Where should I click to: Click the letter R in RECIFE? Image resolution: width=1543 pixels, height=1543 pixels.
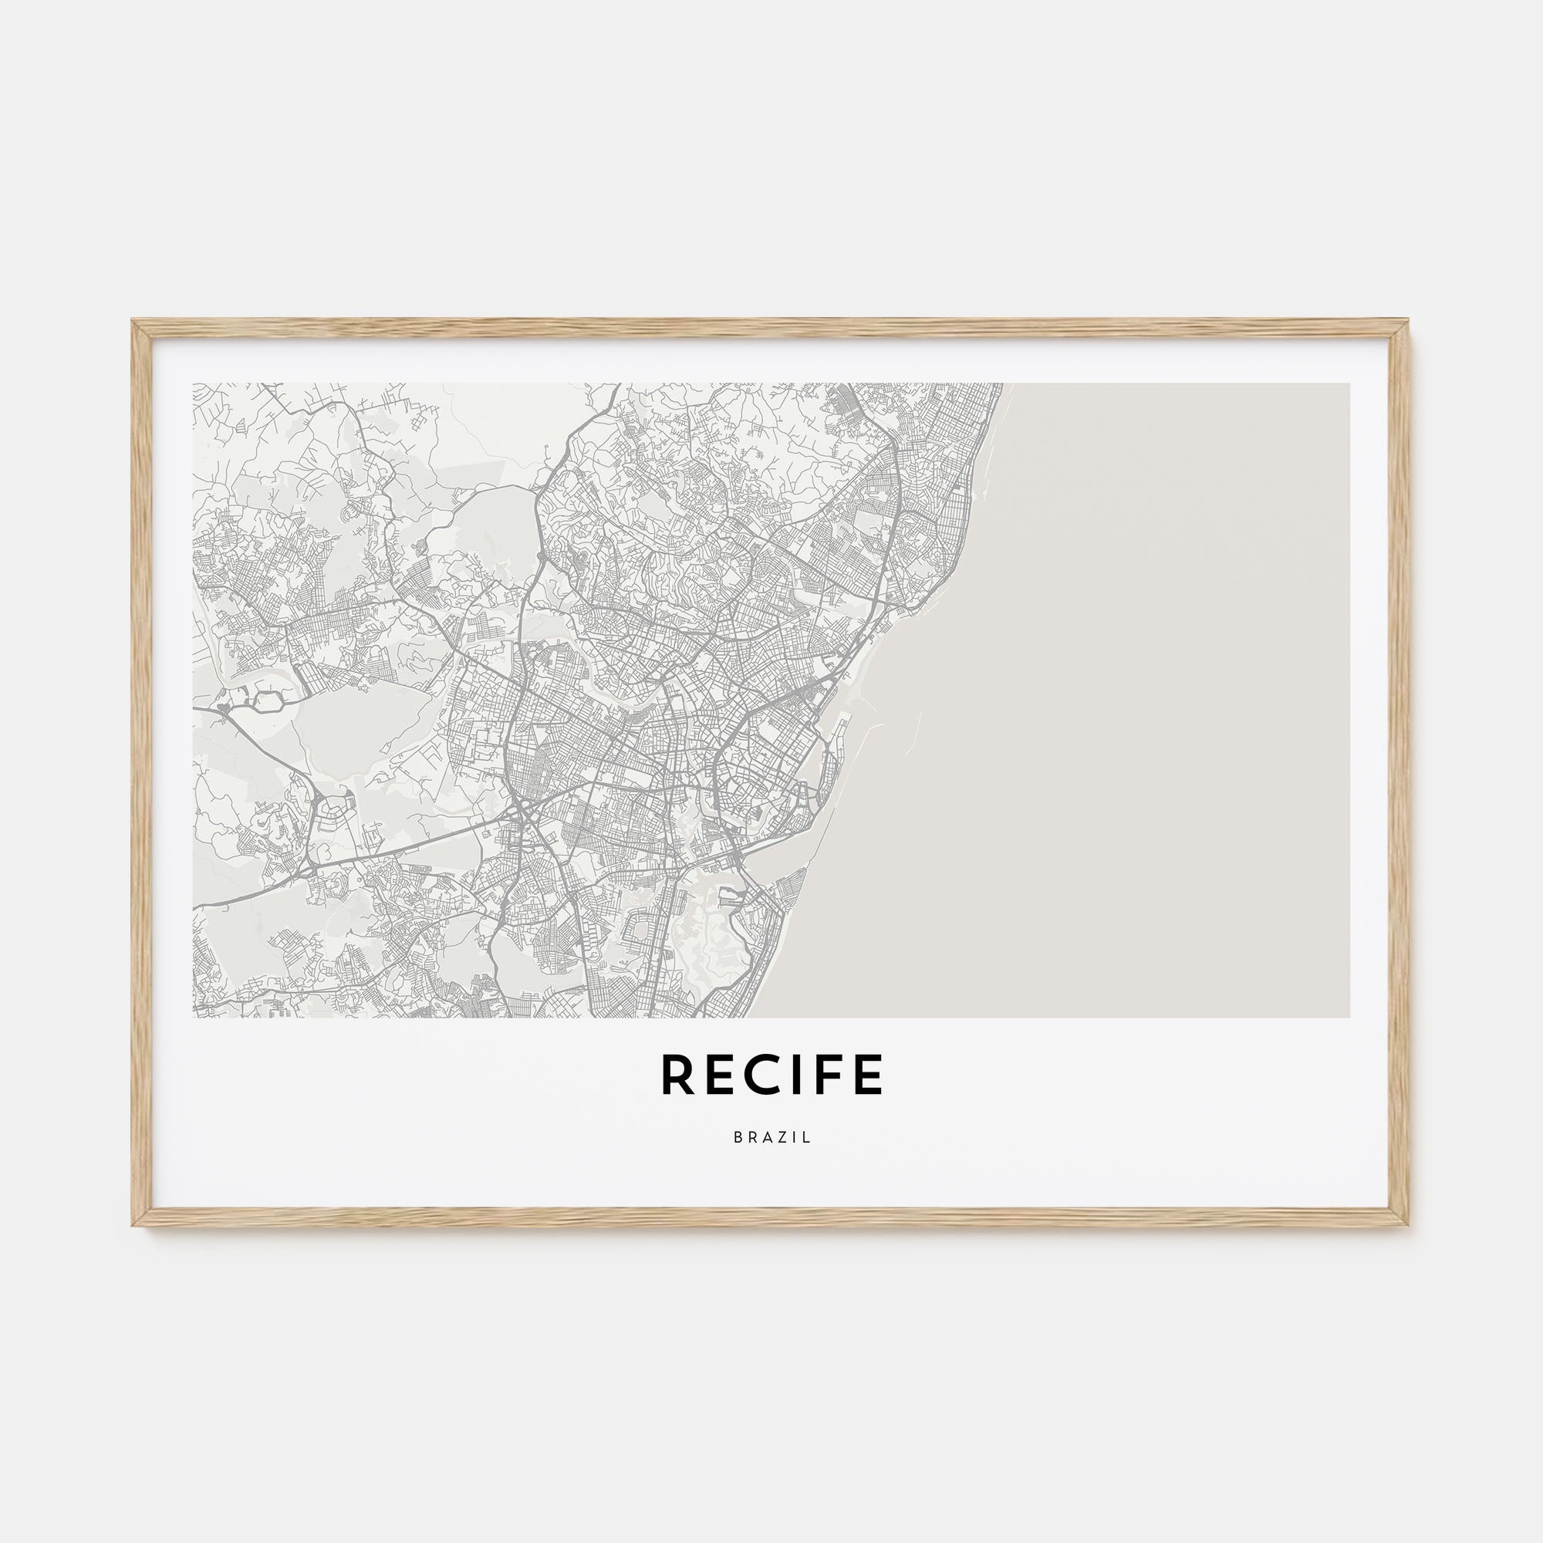676,1075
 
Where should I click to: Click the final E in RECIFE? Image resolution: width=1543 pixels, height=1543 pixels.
869,1075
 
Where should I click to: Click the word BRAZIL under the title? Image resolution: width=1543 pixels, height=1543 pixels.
771,1138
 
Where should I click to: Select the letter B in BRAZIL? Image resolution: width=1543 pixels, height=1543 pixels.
737,1138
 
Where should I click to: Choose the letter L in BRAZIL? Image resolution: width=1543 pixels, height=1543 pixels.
808,1138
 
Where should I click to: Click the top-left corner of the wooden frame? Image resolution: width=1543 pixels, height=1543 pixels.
134,322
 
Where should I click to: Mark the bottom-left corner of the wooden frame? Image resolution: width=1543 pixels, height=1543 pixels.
134,1224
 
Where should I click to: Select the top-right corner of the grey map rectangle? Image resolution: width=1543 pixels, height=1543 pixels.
1349,384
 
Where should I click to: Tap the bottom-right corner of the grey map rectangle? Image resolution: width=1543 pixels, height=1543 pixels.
1349,1017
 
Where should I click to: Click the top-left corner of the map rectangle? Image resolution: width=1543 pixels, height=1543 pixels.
194,384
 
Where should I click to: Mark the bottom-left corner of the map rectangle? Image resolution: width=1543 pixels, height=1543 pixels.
194,1017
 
